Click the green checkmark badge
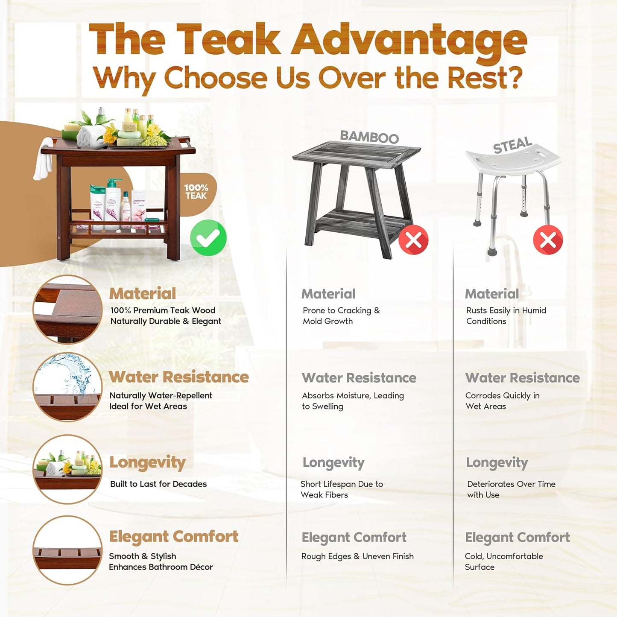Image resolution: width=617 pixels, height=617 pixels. tap(208, 238)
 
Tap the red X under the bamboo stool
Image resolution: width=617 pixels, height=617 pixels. tap(413, 240)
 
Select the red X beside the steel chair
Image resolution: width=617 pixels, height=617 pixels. tap(548, 240)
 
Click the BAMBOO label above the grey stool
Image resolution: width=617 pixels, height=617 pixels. tap(369, 137)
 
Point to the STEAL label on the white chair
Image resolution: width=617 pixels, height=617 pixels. tap(512, 145)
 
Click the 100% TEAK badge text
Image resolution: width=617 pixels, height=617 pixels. tap(196, 192)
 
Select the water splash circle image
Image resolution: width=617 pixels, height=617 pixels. tap(68, 387)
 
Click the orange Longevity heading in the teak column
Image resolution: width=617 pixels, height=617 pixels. tap(147, 462)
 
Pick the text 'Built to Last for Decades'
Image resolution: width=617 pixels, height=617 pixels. tap(158, 484)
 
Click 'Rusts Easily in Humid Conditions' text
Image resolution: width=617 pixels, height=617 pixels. tap(506, 316)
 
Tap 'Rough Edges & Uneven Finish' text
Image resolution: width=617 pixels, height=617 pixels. tap(357, 556)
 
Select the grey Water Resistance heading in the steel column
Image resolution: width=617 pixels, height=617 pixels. tap(522, 378)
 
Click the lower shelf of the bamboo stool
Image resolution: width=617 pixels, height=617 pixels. tap(361, 222)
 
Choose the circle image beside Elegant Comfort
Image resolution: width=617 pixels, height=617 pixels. tap(68, 550)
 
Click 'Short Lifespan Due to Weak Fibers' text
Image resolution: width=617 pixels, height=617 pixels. tap(342, 489)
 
